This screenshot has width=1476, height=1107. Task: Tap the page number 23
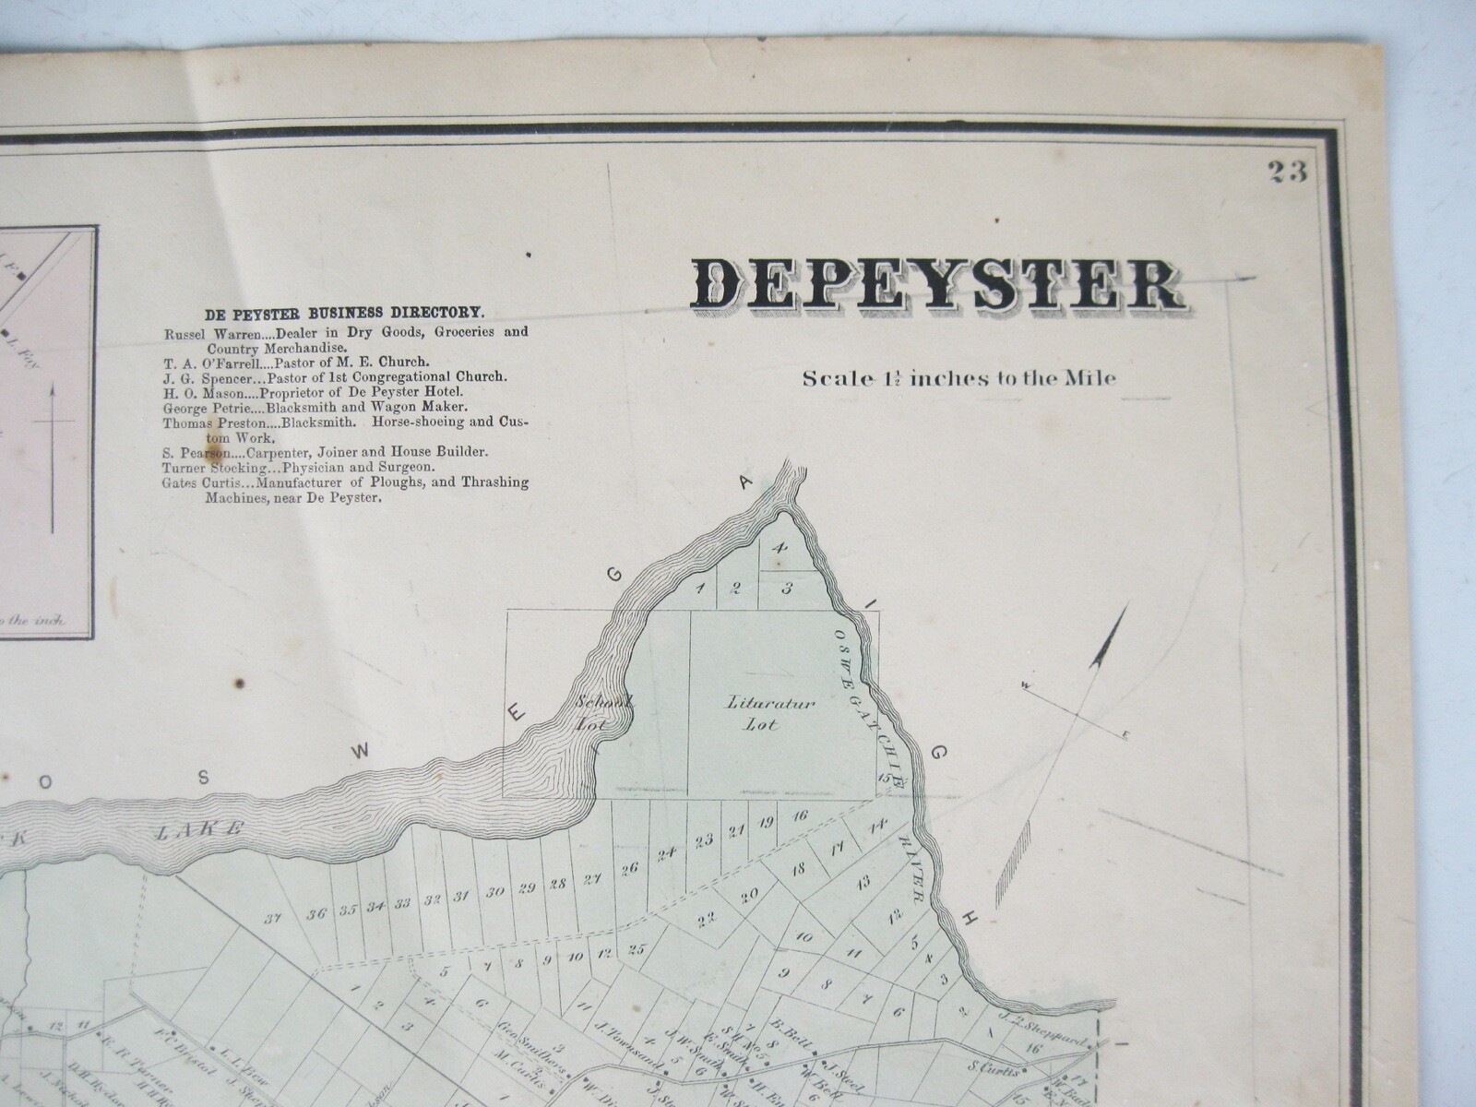click(1287, 173)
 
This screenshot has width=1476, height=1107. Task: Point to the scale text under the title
click(959, 378)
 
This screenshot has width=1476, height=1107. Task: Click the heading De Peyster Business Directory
click(343, 313)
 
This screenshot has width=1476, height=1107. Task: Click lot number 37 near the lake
click(272, 918)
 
